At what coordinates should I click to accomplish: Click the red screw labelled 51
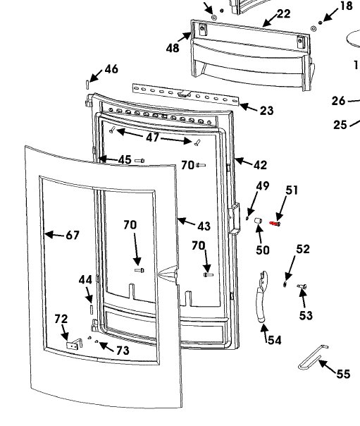[x=275, y=224]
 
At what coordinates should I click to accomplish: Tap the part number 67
[x=73, y=235]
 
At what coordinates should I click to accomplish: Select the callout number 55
[x=342, y=374]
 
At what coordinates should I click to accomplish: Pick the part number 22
[x=283, y=13]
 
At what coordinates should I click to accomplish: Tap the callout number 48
[x=173, y=48]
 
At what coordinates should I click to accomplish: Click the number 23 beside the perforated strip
[x=266, y=110]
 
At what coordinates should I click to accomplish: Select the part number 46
[x=111, y=69]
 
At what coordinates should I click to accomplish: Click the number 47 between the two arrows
[x=153, y=138]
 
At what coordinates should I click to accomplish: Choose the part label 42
[x=260, y=165]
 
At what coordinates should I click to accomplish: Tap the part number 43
[x=204, y=226]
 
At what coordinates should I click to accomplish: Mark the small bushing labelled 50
[x=259, y=224]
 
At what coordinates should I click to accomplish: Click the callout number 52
[x=303, y=249]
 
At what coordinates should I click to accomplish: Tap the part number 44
[x=85, y=280]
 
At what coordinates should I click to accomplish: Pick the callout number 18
[x=346, y=6]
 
